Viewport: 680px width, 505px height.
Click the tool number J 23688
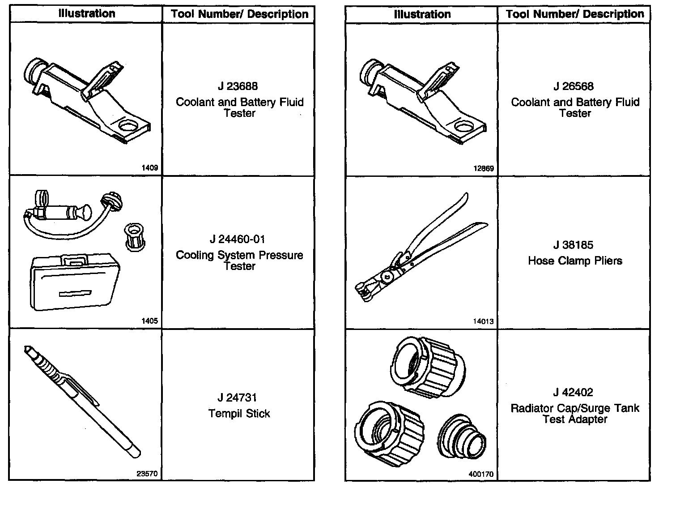click(238, 86)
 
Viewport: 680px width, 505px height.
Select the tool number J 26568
click(573, 86)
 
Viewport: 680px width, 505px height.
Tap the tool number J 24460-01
click(238, 239)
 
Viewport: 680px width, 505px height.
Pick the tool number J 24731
click(238, 398)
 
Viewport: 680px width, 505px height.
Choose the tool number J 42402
click(573, 393)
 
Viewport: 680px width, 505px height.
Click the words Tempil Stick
click(239, 413)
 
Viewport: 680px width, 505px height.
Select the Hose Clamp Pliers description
click(575, 261)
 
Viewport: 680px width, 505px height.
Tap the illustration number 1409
click(149, 168)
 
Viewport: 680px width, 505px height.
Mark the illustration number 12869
click(483, 169)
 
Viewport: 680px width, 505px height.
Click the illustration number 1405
click(149, 321)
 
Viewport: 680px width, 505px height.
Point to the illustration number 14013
click(483, 321)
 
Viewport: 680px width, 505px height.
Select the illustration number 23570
click(148, 474)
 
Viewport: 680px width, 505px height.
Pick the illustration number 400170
click(481, 474)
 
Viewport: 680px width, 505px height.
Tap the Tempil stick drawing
click(83, 400)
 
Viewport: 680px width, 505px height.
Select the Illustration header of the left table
click(86, 14)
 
